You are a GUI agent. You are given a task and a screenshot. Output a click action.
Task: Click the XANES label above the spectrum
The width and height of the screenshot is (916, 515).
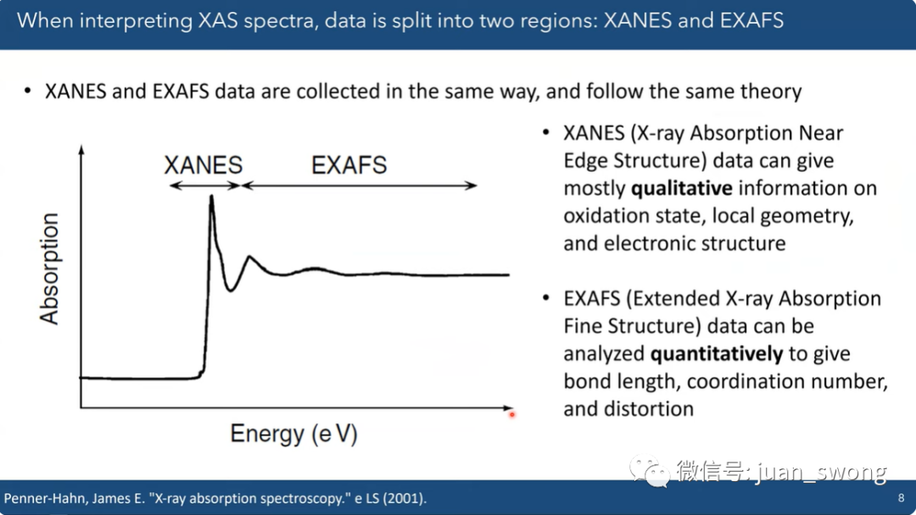click(x=204, y=165)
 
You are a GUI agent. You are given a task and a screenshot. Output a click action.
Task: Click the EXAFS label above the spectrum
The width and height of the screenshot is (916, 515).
click(x=349, y=165)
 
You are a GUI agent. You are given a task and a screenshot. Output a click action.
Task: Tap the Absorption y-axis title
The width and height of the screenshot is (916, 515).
click(x=50, y=268)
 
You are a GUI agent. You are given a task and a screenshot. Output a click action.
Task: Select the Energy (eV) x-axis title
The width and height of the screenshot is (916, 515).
click(x=293, y=434)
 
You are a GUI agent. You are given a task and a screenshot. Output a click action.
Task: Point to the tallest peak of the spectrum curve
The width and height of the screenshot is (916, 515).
click(x=211, y=197)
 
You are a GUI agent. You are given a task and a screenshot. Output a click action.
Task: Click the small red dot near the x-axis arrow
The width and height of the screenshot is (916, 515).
click(x=511, y=414)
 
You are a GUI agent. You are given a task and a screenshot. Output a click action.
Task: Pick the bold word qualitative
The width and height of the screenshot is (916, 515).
click(x=682, y=188)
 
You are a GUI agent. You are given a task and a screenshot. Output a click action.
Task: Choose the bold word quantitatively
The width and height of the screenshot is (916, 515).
click(x=716, y=354)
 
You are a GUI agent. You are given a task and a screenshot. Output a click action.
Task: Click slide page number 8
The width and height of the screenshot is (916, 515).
click(x=901, y=498)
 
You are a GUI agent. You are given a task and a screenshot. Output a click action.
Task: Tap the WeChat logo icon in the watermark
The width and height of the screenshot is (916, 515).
click(x=649, y=471)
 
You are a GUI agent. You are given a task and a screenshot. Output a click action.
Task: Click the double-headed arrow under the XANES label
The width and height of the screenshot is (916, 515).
click(x=204, y=186)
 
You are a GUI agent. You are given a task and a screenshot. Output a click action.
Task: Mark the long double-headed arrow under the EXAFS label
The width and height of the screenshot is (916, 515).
click(x=360, y=186)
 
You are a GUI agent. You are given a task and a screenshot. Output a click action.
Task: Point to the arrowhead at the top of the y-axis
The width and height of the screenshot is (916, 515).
click(x=81, y=149)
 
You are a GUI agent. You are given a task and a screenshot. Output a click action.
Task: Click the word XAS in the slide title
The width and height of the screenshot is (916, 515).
click(x=219, y=21)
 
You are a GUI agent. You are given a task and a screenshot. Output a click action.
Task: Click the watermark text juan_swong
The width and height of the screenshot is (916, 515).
click(x=821, y=471)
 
